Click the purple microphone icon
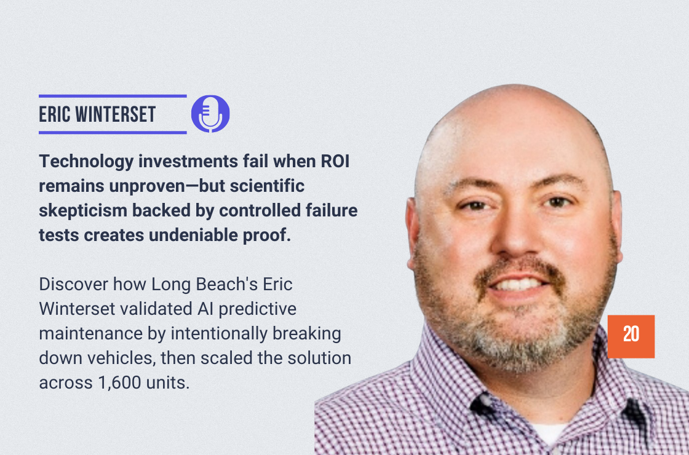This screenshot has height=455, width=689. pos(210,114)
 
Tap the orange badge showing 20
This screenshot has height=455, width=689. pos(631,336)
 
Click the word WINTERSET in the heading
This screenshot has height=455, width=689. pos(115,114)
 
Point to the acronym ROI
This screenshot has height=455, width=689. pos(335,161)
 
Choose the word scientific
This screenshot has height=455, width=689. pos(267,186)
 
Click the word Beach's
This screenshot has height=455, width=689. pos(227,284)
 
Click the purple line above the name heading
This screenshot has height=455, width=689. pos(113,96)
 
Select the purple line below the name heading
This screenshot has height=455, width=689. pos(113,132)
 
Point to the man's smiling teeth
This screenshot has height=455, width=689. pos(519,284)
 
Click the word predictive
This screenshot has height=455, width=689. pos(258,309)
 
